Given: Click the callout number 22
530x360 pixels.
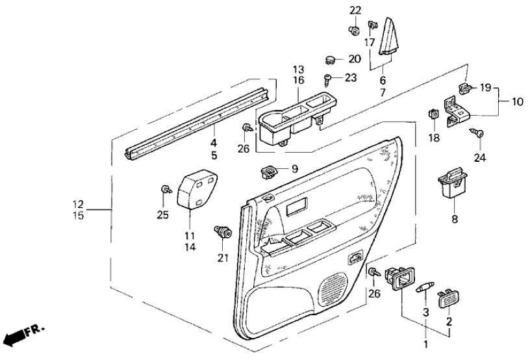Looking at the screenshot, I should click(x=355, y=10).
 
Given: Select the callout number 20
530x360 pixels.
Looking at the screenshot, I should click(x=354, y=59).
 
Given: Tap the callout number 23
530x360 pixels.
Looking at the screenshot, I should click(x=351, y=78).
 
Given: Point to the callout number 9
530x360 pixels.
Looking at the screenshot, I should click(x=294, y=169).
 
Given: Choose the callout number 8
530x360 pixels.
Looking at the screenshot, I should click(x=454, y=219).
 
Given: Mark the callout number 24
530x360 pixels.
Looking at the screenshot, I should click(x=479, y=157).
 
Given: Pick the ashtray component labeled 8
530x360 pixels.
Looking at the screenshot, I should click(x=453, y=184).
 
